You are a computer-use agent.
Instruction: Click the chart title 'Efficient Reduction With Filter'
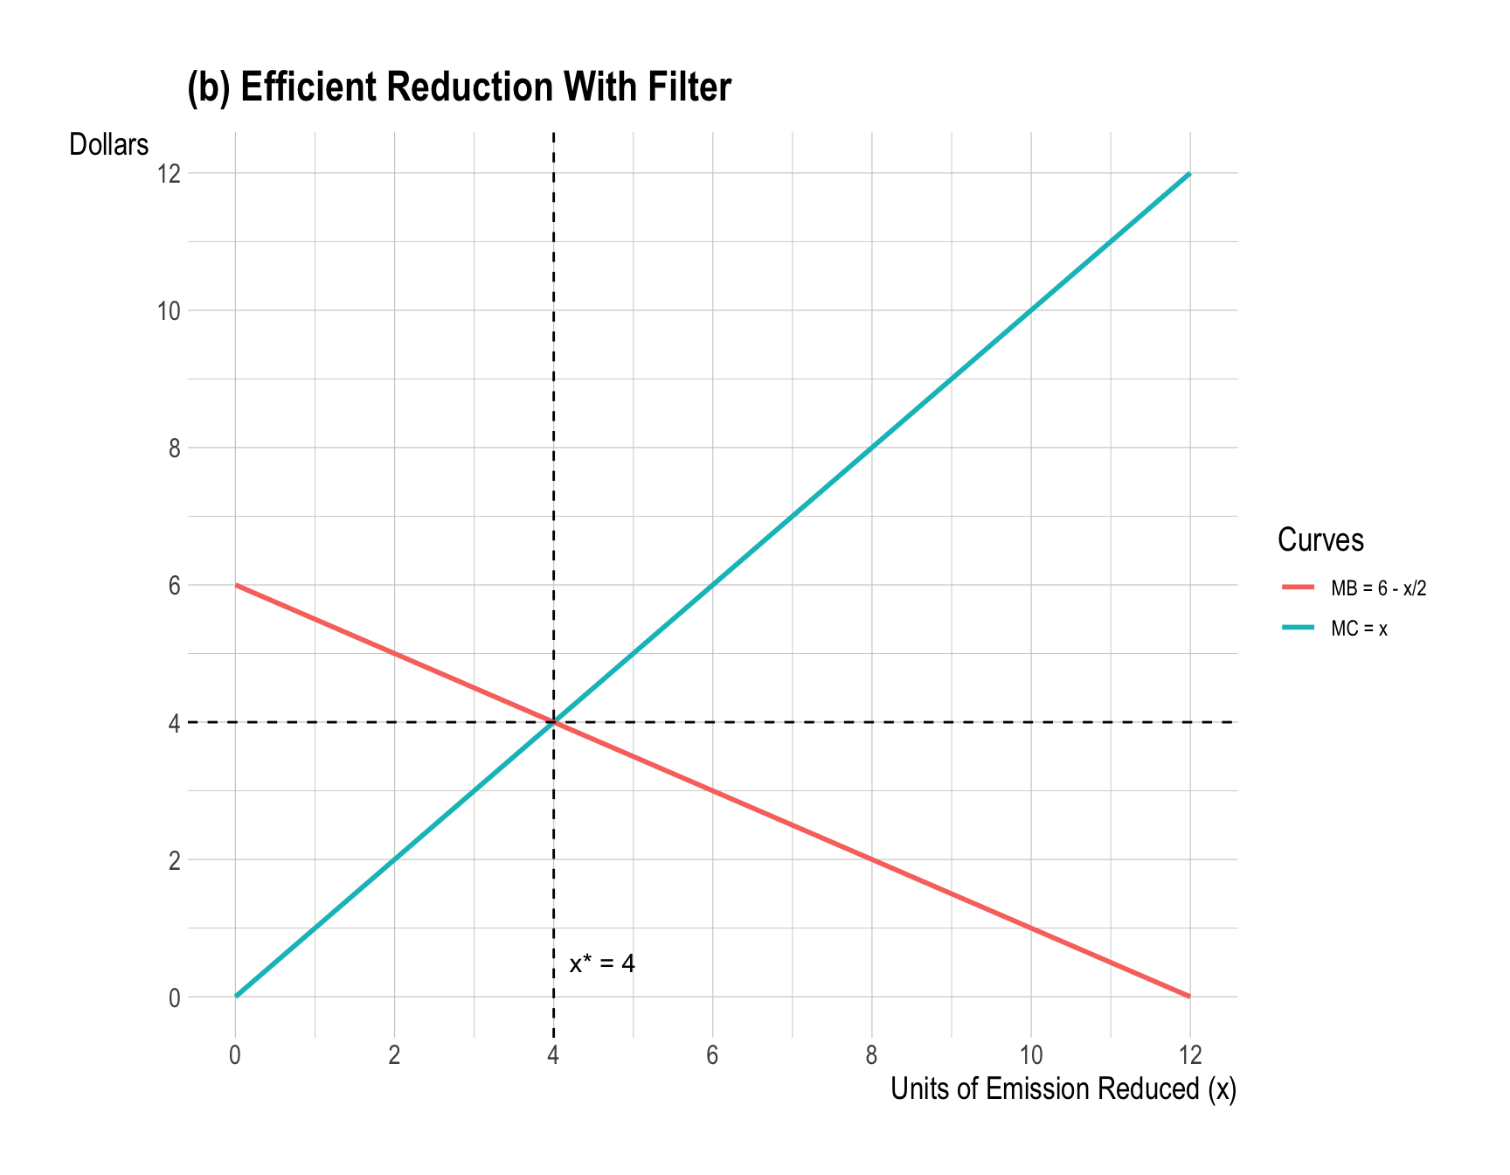click(x=459, y=87)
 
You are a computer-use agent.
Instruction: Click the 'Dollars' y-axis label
click(x=109, y=144)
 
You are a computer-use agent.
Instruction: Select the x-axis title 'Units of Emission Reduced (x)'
click(x=1063, y=1089)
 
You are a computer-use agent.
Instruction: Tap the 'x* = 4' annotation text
click(x=602, y=964)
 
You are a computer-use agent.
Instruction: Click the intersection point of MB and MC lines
click(x=553, y=722)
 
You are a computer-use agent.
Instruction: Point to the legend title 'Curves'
click(x=1320, y=539)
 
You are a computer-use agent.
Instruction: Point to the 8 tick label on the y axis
click(x=174, y=448)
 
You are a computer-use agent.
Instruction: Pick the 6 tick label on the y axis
click(x=174, y=586)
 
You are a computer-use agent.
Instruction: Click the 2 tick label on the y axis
click(x=174, y=860)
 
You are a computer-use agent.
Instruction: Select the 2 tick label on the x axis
click(x=394, y=1055)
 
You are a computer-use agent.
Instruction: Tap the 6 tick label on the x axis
click(x=712, y=1055)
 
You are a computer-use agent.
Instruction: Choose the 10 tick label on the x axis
click(x=1030, y=1055)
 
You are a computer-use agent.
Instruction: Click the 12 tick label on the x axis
click(x=1189, y=1055)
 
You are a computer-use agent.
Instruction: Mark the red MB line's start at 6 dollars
click(x=237, y=585)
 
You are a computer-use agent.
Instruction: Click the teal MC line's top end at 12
click(x=1188, y=174)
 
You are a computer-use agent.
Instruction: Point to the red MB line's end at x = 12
click(x=1188, y=996)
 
